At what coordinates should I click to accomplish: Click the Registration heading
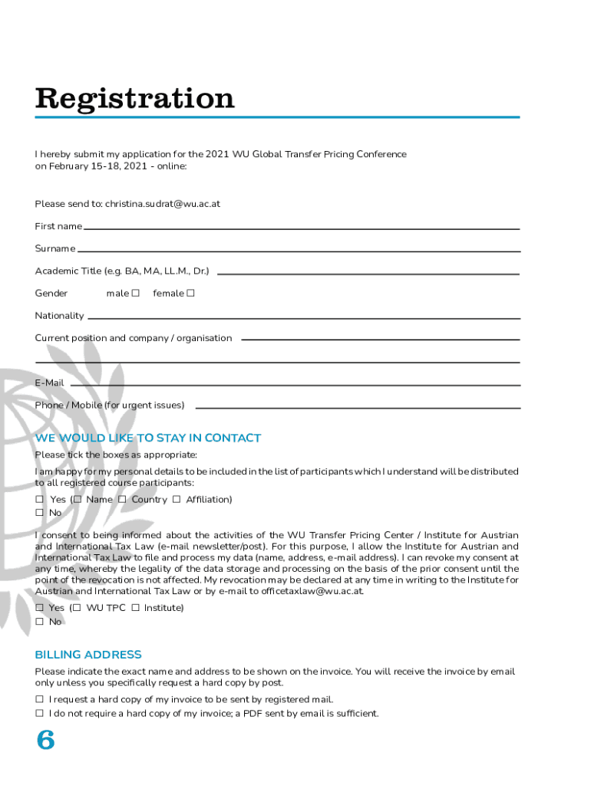134,99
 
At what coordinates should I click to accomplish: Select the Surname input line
299,249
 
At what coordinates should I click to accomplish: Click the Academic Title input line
368,272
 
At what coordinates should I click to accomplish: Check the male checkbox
136,294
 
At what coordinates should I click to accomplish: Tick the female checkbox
190,294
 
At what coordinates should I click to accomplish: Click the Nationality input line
303,317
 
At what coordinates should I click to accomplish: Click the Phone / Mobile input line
357,406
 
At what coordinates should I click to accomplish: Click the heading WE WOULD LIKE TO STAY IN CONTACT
148,438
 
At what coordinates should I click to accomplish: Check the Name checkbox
78,500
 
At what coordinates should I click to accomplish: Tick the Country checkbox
122,500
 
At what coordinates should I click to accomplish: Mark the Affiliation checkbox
177,500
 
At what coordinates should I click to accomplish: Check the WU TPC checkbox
77,608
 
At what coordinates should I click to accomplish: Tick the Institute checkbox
135,608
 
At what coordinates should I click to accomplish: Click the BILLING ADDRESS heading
88,655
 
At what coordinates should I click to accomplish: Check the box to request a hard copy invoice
39,700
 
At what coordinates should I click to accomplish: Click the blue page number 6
46,741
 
